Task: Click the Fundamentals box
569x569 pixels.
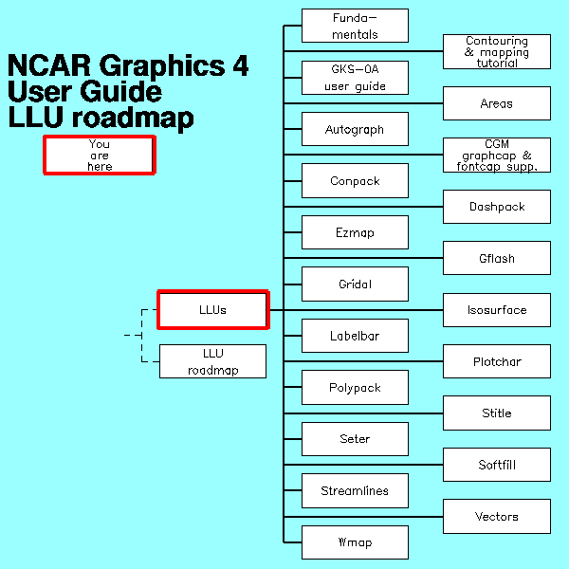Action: tap(355, 26)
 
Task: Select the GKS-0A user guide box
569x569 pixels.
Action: tap(355, 78)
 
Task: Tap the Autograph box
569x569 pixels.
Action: tap(355, 129)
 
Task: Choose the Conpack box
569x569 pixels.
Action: tap(355, 180)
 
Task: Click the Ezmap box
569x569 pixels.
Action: tap(355, 232)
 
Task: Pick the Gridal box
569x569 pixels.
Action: tap(355, 284)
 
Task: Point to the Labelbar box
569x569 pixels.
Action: tap(355, 336)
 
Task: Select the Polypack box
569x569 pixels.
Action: tap(355, 387)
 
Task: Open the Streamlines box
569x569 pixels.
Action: tap(355, 490)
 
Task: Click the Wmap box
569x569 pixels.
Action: tap(355, 542)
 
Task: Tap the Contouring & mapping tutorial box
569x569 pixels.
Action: tap(497, 51)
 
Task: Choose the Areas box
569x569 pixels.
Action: tap(497, 103)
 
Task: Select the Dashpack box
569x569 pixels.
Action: tap(497, 207)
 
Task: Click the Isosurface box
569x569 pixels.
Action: tap(497, 310)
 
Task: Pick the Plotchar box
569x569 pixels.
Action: tap(497, 361)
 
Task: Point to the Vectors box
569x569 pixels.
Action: tap(497, 517)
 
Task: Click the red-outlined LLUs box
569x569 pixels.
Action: tap(213, 309)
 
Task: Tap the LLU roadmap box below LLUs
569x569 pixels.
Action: tap(212, 361)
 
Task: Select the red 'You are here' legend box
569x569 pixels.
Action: tap(99, 155)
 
